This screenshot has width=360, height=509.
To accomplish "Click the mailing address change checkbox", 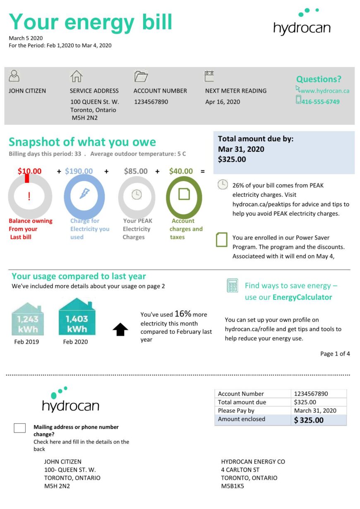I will pos(19,428).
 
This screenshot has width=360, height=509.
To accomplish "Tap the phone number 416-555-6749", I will pos(320,101).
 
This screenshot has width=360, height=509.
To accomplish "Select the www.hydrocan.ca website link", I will pos(325,91).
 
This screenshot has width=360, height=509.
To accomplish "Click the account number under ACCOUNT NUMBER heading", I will pos(151,102).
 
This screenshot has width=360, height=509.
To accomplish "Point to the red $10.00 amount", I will pos(29,171).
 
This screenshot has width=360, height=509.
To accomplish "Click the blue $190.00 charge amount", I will pos(79,171).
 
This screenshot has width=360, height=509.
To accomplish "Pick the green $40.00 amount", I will pos(181,171).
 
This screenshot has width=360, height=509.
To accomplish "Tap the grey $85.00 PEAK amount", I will pos(136,171).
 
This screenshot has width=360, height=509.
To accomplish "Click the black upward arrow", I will pos(120,329).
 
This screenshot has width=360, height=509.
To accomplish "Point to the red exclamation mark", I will pos(29,196).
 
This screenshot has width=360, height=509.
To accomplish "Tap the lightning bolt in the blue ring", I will pos(84,194).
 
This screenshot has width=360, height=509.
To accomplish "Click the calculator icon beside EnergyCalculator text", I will pos(233,285).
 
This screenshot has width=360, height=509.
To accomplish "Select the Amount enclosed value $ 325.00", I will pos(309,420).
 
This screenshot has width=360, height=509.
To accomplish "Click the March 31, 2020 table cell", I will pos(315,411).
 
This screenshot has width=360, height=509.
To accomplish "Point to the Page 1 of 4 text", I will pos(335,354).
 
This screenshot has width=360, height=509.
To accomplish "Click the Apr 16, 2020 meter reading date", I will pos(223,102).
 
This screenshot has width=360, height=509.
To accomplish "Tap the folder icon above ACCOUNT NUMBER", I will pos(141,76).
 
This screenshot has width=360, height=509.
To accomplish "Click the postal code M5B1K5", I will pos(233,486).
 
